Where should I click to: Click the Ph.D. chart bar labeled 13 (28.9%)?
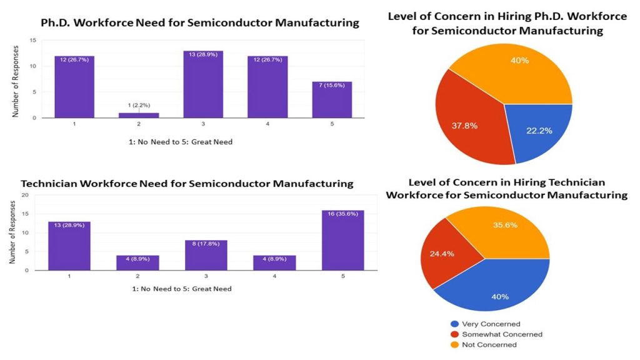tap(203, 84)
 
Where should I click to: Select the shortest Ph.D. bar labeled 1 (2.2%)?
tap(139, 115)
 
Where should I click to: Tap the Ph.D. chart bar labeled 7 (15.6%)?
tap(332, 99)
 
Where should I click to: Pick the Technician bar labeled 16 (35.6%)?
tap(342, 240)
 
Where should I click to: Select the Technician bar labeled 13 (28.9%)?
tap(69, 246)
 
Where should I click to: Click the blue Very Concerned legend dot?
tap(454, 324)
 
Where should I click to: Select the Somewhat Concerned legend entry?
tap(497, 334)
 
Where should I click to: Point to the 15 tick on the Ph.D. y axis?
tap(32, 41)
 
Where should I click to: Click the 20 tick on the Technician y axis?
tap(26, 195)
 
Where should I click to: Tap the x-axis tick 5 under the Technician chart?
tap(342, 276)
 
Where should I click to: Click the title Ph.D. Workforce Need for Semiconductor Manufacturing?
tap(200, 23)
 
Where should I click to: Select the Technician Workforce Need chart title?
tap(187, 184)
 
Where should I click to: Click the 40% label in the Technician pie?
tap(499, 297)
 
